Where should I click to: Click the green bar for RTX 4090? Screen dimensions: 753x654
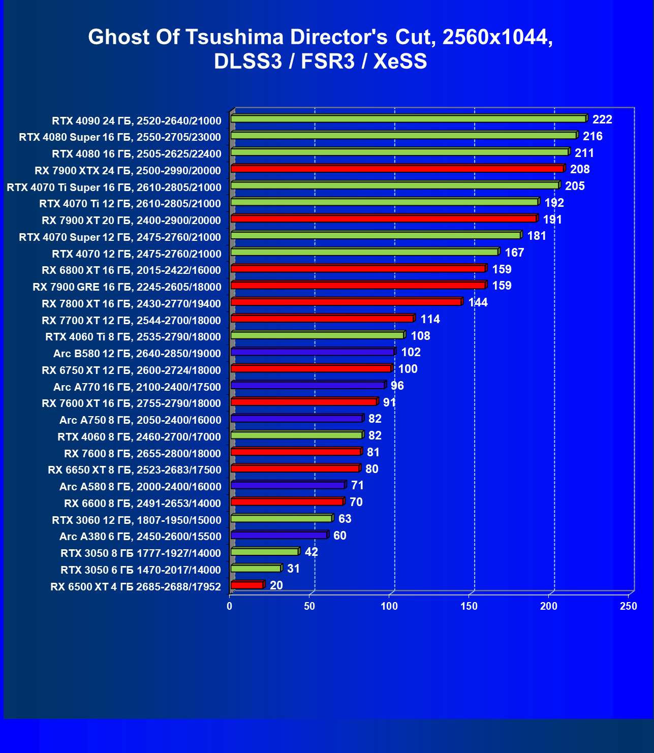point(408,119)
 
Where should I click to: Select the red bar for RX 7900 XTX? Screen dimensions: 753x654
point(397,169)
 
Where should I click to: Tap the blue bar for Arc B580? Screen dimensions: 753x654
point(313,352)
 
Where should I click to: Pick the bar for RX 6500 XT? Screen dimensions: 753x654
point(247,585)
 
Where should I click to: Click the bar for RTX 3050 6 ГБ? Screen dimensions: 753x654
point(256,569)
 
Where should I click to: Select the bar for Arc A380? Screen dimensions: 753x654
point(279,535)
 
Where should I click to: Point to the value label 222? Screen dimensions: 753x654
point(602,119)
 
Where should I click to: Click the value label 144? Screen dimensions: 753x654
point(478,302)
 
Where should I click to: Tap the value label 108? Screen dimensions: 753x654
point(420,336)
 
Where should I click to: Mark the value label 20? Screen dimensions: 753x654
point(276,585)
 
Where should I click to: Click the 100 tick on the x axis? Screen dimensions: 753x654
point(389,606)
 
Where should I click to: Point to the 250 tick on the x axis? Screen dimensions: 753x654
point(629,606)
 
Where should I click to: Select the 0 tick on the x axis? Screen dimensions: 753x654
point(230,606)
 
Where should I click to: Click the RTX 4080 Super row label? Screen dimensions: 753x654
point(120,137)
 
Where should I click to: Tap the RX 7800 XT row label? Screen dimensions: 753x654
point(131,304)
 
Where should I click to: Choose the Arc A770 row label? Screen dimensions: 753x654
point(137,387)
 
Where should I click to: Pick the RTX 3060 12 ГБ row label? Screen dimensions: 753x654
point(137,520)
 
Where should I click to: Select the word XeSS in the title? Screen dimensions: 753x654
point(400,61)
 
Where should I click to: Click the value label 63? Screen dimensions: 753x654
point(345,519)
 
